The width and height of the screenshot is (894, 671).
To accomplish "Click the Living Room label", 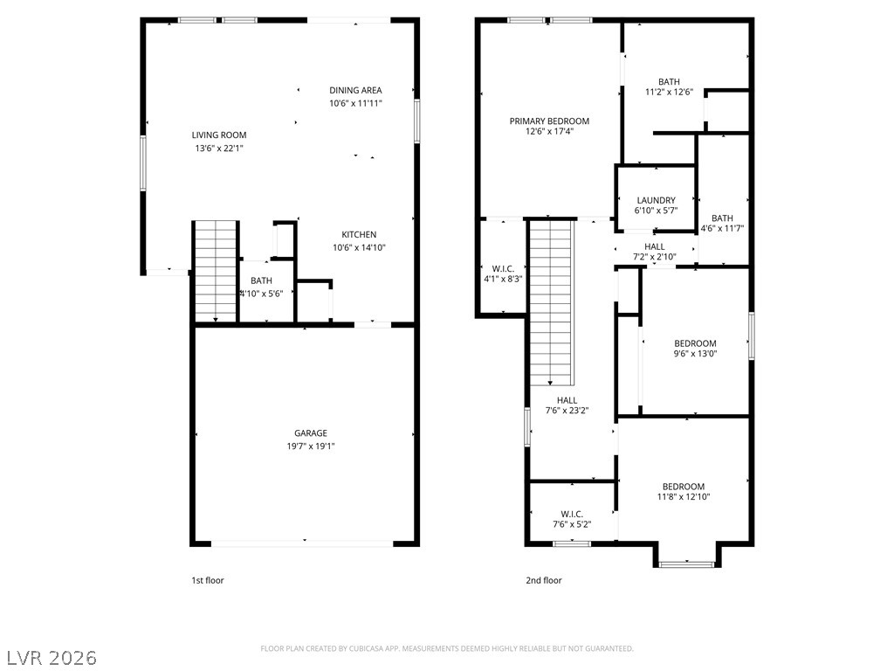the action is [219, 135].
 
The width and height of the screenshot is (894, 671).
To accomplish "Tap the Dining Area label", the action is [356, 90].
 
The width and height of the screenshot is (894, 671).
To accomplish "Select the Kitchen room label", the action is [359, 234].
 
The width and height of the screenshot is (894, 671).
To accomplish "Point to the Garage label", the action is [311, 433].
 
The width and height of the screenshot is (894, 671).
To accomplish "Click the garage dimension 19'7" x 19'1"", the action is [311, 446].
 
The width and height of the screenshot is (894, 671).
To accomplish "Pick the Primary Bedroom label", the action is [550, 121].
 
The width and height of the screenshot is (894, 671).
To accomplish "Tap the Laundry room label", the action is [657, 200].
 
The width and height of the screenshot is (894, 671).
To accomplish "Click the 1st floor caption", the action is [208, 580].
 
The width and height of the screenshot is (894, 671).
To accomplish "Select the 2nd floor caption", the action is [544, 580].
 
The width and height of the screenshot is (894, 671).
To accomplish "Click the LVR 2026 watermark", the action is [49, 658].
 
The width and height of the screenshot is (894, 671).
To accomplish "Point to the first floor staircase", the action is [216, 272].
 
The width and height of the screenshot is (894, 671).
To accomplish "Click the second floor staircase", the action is [552, 303].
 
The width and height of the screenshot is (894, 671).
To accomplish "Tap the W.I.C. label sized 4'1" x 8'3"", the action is [503, 269].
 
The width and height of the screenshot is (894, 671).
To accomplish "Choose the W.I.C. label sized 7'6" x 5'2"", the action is [572, 514].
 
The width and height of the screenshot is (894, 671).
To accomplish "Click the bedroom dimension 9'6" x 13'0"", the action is [696, 354].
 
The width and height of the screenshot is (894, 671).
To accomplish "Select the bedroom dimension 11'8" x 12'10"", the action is [684, 497].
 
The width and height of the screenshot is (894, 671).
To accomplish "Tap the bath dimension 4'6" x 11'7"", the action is [722, 229].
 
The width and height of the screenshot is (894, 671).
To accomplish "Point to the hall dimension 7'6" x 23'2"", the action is [567, 411].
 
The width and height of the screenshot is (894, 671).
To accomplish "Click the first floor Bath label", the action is [262, 280].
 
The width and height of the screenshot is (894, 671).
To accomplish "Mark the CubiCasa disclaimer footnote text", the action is [447, 649].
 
